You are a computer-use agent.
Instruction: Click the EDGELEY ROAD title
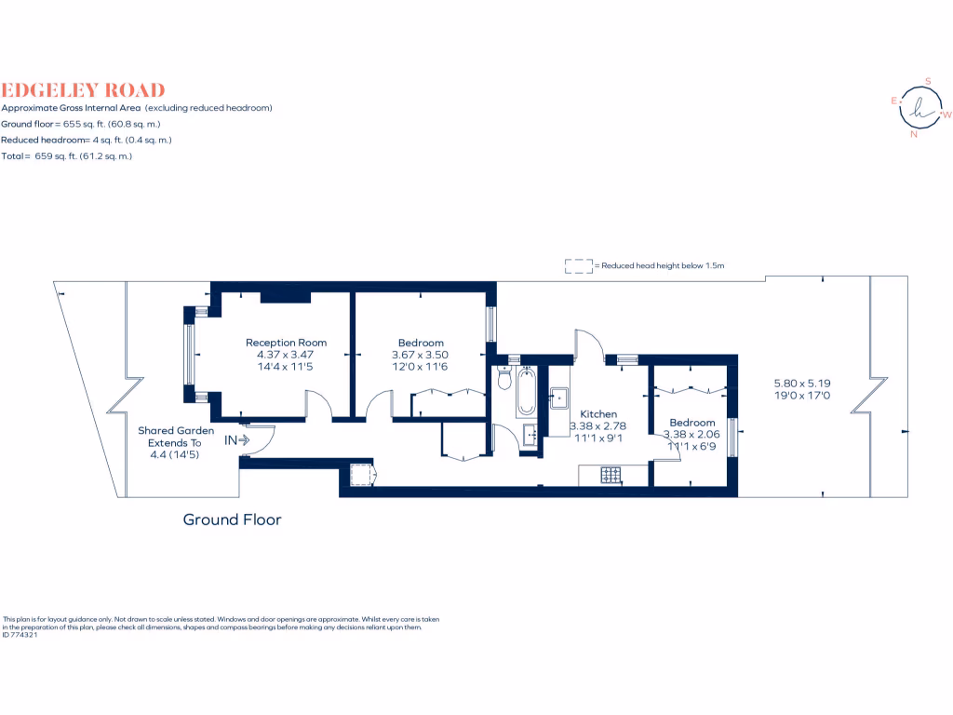(x=83, y=90)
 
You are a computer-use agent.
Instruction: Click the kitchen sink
(x=559, y=398)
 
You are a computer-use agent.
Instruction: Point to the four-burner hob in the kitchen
(x=611, y=476)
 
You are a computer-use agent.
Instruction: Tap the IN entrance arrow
(x=236, y=439)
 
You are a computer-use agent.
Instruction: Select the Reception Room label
(x=286, y=343)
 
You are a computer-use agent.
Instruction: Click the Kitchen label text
(x=598, y=414)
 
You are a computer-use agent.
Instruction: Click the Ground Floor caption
(x=232, y=519)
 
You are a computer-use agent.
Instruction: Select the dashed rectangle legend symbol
(x=578, y=266)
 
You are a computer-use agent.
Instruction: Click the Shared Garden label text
(x=176, y=431)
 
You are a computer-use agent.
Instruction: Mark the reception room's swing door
(x=319, y=405)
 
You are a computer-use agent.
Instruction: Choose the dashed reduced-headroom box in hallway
(x=361, y=474)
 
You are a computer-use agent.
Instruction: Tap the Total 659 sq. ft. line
(x=67, y=156)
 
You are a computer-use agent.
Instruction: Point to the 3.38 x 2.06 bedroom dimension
(x=692, y=435)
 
